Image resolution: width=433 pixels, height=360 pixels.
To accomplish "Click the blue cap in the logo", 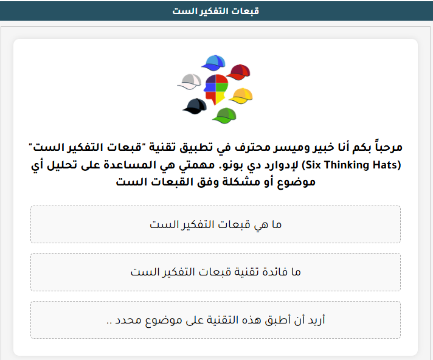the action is [x=213, y=63].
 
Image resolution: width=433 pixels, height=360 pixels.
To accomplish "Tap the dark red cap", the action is [x=238, y=72].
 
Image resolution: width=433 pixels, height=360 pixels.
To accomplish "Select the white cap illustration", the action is [x=190, y=81].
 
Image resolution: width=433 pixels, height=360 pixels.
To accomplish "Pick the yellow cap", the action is [x=241, y=96].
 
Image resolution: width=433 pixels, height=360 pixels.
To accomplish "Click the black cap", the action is [x=195, y=106].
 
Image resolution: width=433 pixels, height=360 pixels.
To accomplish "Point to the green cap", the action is [x=224, y=116].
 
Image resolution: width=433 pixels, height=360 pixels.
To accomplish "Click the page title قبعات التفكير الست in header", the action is [x=216, y=11].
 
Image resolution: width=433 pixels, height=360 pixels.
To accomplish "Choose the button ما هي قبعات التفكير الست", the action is [x=215, y=224].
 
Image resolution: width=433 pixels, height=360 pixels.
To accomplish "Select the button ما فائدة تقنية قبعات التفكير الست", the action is [x=215, y=272].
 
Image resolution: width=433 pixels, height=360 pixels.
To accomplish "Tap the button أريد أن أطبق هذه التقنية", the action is [x=215, y=320].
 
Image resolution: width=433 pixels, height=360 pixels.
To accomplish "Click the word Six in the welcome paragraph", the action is [x=313, y=165].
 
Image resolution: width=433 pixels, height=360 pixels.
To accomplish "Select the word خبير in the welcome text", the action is [x=322, y=148].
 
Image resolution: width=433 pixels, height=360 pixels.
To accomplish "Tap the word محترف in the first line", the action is [x=252, y=148].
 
